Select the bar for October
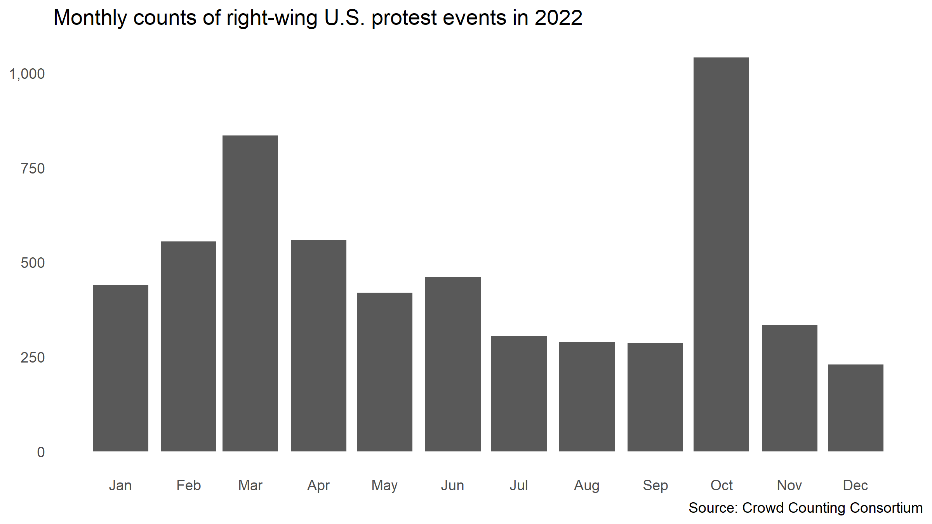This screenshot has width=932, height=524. (721, 254)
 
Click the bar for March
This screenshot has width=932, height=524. (250, 293)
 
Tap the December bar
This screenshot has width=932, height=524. (855, 408)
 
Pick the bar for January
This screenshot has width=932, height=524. (120, 368)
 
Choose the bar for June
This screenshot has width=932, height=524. (453, 364)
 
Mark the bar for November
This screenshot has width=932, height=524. (789, 388)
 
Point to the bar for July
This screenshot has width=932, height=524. (519, 393)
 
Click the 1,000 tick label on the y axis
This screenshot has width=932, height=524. (27, 74)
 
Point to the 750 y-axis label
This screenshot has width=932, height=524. (33, 168)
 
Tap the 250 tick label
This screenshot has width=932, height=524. (33, 357)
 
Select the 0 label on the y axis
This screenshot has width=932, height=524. (41, 452)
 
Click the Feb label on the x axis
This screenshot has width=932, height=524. (188, 485)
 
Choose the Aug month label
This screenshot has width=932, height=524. (587, 485)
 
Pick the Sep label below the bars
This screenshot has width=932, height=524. (655, 485)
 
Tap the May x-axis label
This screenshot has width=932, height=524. (384, 485)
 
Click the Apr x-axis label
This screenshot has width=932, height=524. (318, 485)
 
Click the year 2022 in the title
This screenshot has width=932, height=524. (558, 18)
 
